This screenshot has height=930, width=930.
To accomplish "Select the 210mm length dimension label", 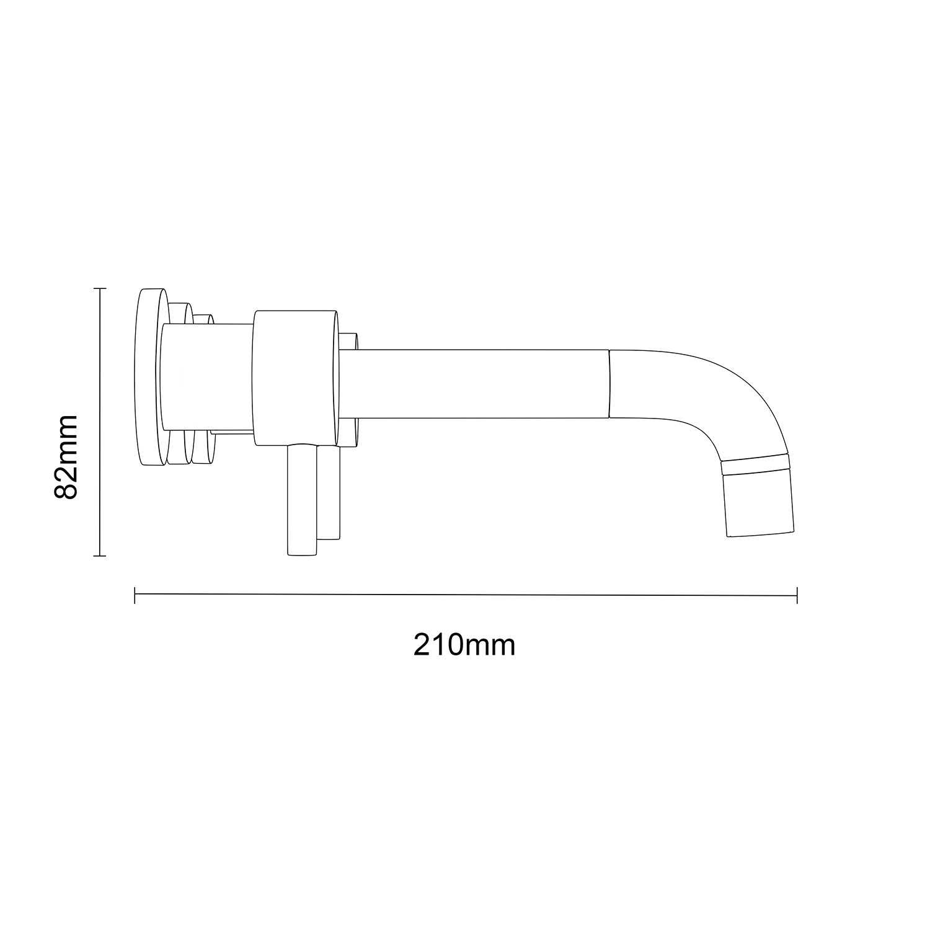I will [464, 645].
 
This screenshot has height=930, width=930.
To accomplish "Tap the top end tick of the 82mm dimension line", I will [100, 288].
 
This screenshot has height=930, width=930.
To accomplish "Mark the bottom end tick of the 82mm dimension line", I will [100, 556].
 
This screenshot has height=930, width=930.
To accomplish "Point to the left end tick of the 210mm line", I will [135, 595].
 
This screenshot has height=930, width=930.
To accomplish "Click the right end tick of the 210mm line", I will [797, 595].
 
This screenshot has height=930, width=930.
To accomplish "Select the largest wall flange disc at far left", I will [147, 377].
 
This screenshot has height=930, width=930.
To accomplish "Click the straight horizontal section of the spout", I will [474, 383].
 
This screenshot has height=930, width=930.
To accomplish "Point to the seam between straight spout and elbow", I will [609, 383].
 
